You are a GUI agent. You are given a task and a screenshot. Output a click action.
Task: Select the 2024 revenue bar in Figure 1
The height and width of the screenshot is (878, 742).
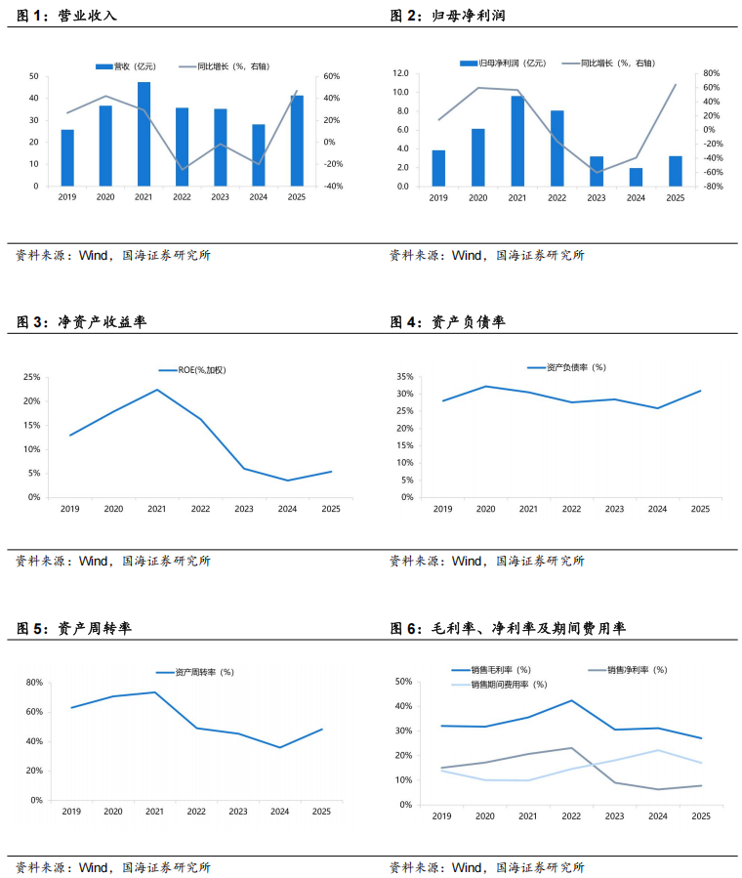tap(259, 155)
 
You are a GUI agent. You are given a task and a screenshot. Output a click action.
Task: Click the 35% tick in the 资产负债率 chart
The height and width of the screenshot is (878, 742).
tap(402, 376)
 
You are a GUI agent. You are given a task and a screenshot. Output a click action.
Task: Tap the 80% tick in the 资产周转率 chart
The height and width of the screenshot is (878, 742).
tap(32, 682)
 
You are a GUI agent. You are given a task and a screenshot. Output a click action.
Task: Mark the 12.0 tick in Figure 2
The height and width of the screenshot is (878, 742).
tap(399, 73)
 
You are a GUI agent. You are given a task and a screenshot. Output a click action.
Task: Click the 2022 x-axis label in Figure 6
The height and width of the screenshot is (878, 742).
tap(571, 815)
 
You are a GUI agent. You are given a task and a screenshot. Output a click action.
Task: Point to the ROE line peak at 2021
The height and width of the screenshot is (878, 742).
tap(157, 390)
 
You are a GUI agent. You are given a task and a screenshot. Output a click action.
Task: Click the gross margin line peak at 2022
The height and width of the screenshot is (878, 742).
tap(571, 700)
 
